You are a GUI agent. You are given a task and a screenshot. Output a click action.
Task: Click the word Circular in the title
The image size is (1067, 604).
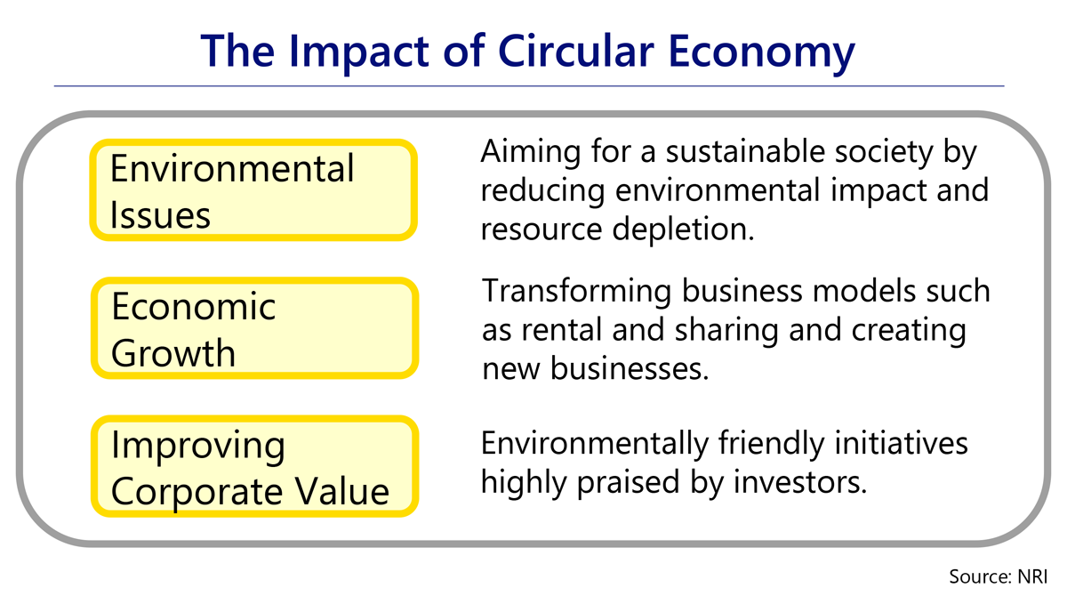point(576,51)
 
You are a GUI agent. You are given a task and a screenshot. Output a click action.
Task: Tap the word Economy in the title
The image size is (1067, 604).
point(762,54)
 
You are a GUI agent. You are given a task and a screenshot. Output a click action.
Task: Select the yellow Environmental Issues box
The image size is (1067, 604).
point(253,189)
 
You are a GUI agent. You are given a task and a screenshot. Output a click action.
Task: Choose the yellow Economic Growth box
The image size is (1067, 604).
point(254,328)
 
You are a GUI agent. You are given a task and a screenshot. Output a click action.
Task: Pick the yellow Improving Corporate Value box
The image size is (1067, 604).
point(254,466)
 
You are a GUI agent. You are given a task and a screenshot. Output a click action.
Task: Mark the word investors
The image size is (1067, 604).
point(800,482)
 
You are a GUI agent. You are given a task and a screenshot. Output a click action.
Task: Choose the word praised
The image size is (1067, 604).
point(630,483)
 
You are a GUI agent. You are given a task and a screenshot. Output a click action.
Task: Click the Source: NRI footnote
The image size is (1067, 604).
point(999,576)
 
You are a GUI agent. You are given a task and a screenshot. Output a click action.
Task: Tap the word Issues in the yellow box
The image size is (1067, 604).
point(160,215)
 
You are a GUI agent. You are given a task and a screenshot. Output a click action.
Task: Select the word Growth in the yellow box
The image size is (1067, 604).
point(173,353)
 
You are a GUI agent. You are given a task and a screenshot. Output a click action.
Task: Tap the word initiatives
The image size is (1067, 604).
point(902,444)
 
